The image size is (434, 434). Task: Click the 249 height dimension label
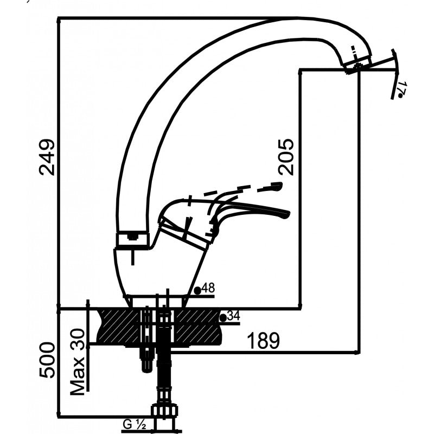[x=47, y=157]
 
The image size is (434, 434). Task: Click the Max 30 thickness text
[x=79, y=361]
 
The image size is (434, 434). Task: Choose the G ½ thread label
[x=133, y=425]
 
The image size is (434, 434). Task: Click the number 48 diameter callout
[x=208, y=289]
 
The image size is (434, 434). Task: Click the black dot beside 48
[x=197, y=290]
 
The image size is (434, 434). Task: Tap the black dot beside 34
[x=222, y=317]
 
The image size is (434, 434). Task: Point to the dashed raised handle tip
[x=277, y=187]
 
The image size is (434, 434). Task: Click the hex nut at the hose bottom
[x=164, y=411]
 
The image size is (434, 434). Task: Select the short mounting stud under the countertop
[x=146, y=358]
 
